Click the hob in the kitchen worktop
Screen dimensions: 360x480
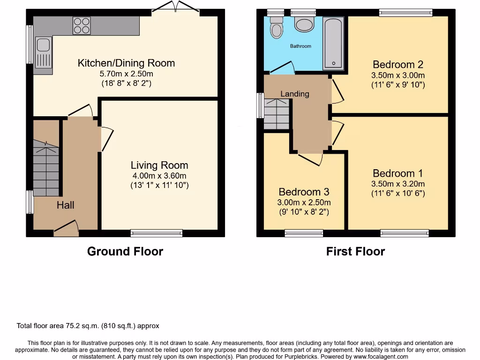(x=82, y=25)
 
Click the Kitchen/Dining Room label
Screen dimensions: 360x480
(x=126, y=63)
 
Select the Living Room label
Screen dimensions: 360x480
(x=159, y=165)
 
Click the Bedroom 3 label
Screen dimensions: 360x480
(x=304, y=192)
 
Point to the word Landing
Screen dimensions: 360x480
(x=295, y=94)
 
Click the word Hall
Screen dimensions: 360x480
(x=66, y=205)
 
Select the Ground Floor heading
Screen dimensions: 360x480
(x=125, y=252)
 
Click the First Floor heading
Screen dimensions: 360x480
(x=355, y=252)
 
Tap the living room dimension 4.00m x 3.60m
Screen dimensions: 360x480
(x=159, y=175)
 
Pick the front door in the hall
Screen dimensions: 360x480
(x=66, y=228)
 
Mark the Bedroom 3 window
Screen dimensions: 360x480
(x=304, y=233)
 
